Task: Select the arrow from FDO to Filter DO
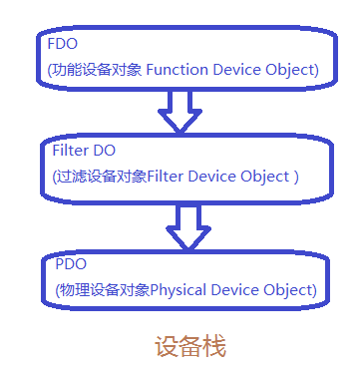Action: coord(180,113)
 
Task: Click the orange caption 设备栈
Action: coord(189,347)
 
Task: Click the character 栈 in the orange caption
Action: coord(213,347)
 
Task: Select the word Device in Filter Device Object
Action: coord(215,176)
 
